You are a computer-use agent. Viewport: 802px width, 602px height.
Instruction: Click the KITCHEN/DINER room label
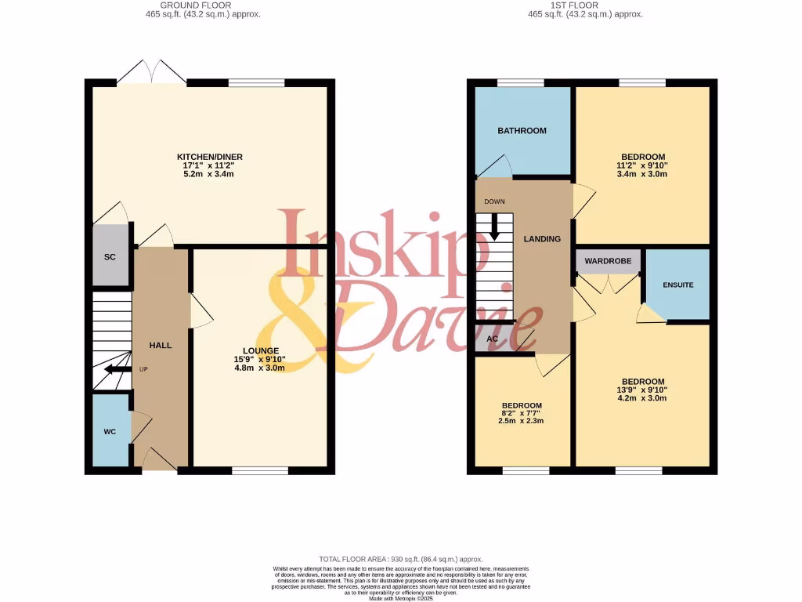[x=209, y=157]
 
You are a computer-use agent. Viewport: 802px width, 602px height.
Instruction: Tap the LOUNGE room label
[x=260, y=350]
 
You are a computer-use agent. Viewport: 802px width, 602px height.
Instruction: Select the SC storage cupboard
[x=110, y=256]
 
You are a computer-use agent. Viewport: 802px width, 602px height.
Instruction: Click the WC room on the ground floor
[x=110, y=432]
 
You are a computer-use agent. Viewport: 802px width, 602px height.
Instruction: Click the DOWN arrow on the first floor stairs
[x=494, y=227]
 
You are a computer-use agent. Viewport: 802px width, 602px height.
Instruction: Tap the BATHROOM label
[x=522, y=131]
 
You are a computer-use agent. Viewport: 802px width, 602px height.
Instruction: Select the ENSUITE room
[x=677, y=285]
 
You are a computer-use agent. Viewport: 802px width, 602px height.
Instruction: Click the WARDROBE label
[x=608, y=261]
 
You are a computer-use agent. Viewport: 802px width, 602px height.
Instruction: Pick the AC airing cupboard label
[x=493, y=339]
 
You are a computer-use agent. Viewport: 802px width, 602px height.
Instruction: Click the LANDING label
[x=542, y=239]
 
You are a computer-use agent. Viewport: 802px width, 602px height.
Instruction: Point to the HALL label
[x=161, y=345]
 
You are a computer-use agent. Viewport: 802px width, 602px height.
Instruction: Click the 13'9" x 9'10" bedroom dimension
[x=643, y=390]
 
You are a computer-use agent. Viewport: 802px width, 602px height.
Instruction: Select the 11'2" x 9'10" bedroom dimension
[x=643, y=165]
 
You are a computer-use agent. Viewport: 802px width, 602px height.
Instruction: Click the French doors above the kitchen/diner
[x=153, y=72]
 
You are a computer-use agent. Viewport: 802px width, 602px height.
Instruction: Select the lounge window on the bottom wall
[x=260, y=470]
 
